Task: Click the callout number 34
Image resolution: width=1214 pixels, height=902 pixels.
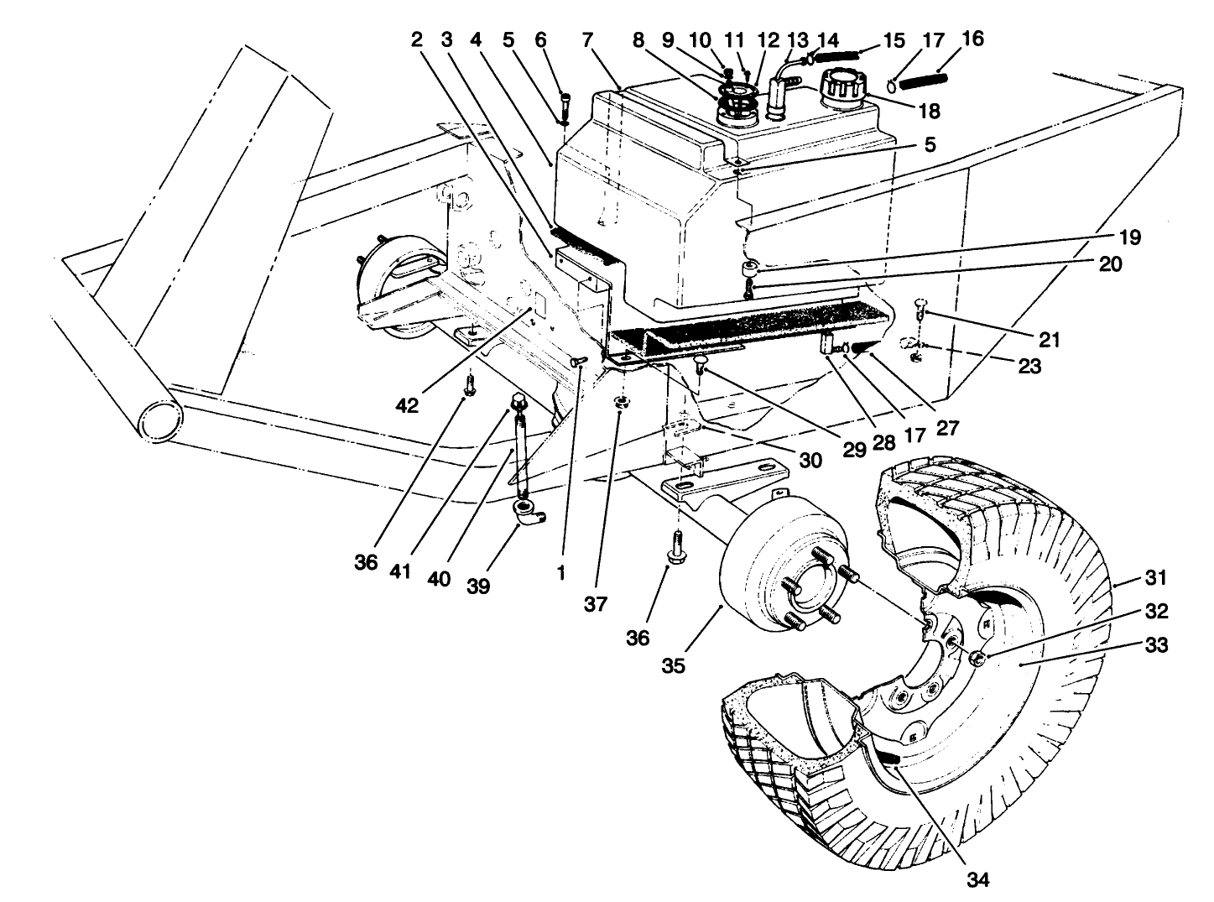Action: click(977, 879)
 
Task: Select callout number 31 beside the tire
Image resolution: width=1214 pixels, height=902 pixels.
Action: click(1155, 578)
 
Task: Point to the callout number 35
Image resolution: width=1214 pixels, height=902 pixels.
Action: click(673, 665)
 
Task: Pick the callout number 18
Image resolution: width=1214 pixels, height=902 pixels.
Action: click(929, 111)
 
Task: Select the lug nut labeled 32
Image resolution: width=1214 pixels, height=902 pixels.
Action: click(977, 660)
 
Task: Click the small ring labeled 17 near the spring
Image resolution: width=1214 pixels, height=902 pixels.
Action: click(896, 83)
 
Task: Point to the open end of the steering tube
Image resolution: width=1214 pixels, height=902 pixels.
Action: click(159, 418)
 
